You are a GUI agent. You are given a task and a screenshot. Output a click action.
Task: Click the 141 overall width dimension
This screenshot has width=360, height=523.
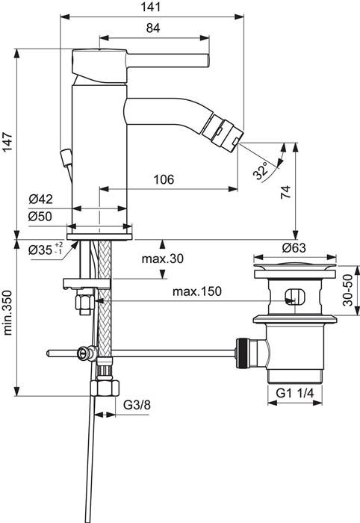(x=153, y=8)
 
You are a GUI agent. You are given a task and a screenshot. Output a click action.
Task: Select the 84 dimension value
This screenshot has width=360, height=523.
(x=153, y=28)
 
